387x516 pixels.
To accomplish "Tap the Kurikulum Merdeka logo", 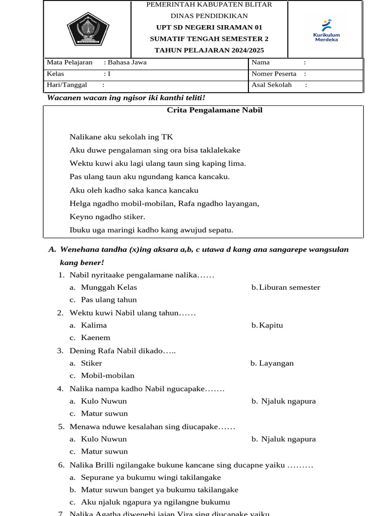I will point(327,31).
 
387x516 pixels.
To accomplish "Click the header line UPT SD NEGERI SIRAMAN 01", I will point(209,27).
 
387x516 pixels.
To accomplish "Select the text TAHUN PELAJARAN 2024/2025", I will point(209,50).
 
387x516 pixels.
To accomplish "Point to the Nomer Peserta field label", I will point(274,74).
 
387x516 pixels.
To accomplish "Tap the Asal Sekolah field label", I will point(272,85).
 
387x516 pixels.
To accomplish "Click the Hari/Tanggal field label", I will point(67,85).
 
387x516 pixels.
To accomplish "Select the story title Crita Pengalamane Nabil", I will point(215,110).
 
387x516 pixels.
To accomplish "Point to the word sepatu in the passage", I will point(220,230).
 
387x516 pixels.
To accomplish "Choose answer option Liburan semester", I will point(290,288).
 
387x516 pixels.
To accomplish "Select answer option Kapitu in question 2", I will point(271,326).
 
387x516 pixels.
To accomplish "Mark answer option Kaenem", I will point(96,338).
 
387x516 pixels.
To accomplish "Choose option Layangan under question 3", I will point(276,363).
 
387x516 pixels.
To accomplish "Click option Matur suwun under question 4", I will point(104,414).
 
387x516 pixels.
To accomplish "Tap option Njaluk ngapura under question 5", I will point(288,439).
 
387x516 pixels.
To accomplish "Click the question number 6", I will point(60,465).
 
